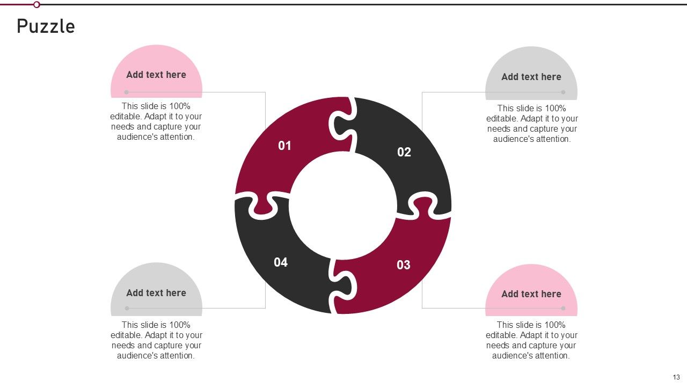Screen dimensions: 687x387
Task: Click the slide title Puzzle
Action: [46, 26]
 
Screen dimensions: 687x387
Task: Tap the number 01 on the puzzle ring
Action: [284, 146]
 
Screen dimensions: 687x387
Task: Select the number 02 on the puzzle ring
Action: [404, 152]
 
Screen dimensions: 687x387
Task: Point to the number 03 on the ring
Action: [404, 264]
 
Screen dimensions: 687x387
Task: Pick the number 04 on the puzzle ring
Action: [281, 262]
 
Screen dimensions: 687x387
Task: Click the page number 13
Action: [676, 377]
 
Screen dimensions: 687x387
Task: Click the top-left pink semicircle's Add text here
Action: [156, 75]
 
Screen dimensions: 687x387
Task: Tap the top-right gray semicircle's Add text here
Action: [531, 77]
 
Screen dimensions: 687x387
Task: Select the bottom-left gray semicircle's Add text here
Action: [156, 293]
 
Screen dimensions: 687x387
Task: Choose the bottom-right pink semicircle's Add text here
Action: [531, 294]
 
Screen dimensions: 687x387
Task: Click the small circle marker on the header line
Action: [36, 4]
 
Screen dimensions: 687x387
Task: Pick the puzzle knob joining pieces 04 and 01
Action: [262, 205]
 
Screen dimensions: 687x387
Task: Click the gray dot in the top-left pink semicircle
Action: [127, 92]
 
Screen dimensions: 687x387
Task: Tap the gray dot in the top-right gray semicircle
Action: [563, 92]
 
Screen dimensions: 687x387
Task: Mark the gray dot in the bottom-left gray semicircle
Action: [127, 308]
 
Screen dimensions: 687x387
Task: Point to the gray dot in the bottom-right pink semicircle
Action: [563, 308]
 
